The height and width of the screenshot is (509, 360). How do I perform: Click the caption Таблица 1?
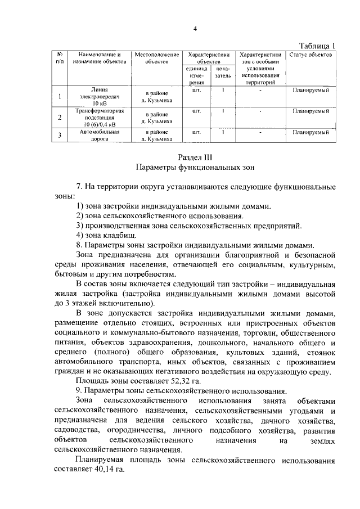[x=317, y=46]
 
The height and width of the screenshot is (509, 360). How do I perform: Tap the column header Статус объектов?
[x=310, y=55]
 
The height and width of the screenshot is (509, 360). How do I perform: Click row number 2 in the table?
[x=60, y=118]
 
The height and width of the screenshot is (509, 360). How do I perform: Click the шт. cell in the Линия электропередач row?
[x=196, y=89]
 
